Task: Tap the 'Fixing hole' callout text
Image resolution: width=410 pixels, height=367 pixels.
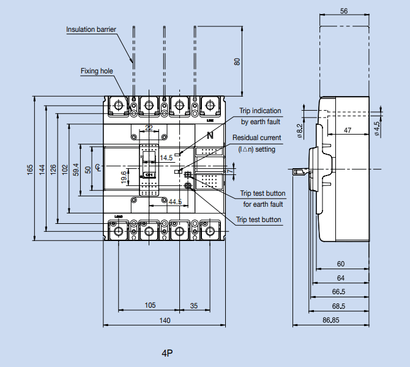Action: pos(97,71)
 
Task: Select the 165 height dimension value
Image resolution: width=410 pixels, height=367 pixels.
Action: pos(30,169)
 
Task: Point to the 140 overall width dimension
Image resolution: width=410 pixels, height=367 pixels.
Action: pos(165,321)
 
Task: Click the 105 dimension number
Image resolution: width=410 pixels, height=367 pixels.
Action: pos(149,305)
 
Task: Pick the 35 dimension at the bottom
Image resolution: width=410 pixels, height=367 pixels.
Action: pos(194,305)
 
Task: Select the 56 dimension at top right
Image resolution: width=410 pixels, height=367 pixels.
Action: pos(343,11)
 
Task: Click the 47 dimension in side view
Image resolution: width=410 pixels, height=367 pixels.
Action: pos(347,130)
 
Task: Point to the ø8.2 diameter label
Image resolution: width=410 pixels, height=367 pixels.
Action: pos(299,131)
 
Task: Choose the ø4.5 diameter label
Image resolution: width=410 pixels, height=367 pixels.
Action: pos(377,127)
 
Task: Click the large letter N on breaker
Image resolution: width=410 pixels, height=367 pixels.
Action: pos(211,136)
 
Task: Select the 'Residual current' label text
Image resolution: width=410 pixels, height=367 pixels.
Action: pos(257,138)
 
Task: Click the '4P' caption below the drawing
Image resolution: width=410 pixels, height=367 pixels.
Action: pos(168,354)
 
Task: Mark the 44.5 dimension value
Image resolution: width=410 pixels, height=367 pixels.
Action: pos(175,201)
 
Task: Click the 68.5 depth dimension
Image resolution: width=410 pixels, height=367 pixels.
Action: pos(339,306)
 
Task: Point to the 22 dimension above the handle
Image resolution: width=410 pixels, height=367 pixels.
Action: pos(149,127)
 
